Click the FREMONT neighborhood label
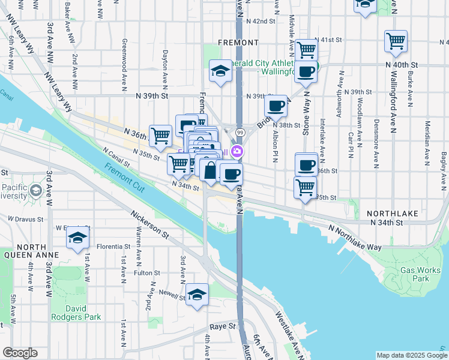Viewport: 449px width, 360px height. point(238,43)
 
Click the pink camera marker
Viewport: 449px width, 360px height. point(238,152)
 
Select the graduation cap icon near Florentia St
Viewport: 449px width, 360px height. point(77,238)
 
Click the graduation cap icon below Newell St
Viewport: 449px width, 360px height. point(197,295)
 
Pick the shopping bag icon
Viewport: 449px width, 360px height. point(210,170)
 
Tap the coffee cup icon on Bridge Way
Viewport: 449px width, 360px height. point(276,106)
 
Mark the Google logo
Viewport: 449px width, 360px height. point(20,353)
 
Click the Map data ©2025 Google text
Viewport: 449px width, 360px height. point(412,355)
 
